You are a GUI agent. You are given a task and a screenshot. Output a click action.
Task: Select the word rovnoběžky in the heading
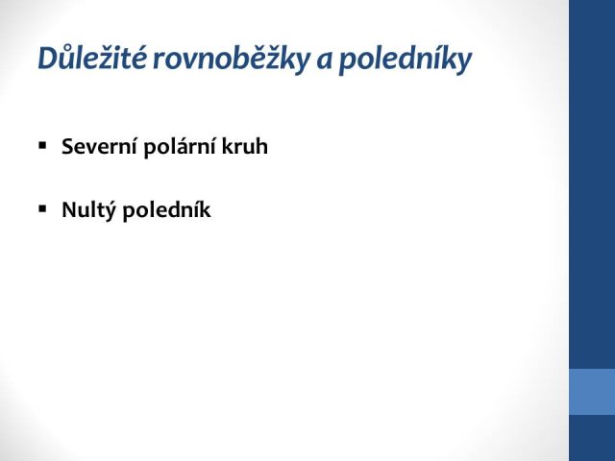(x=231, y=59)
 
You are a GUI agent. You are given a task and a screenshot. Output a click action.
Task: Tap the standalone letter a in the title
(x=324, y=61)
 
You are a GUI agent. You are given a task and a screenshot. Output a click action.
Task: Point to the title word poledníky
(x=405, y=60)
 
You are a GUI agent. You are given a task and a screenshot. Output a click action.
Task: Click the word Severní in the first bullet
(x=100, y=147)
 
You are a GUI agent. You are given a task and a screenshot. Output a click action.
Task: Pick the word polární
(x=180, y=147)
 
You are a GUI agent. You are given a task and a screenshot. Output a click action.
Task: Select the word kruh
(x=245, y=146)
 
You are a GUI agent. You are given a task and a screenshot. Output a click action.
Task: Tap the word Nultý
(x=88, y=209)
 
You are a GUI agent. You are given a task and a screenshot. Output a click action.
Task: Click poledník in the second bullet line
(x=166, y=209)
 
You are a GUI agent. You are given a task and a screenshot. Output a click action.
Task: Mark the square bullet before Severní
(x=42, y=146)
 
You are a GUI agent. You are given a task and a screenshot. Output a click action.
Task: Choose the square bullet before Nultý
(x=42, y=208)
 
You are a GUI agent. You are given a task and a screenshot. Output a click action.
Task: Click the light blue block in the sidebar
(x=592, y=392)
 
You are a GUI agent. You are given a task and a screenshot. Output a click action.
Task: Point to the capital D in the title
(x=48, y=59)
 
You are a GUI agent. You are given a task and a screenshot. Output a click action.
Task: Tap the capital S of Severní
(x=68, y=147)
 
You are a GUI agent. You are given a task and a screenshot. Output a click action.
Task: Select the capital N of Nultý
(x=70, y=209)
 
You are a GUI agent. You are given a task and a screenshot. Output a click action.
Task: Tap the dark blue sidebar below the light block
(x=592, y=438)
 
